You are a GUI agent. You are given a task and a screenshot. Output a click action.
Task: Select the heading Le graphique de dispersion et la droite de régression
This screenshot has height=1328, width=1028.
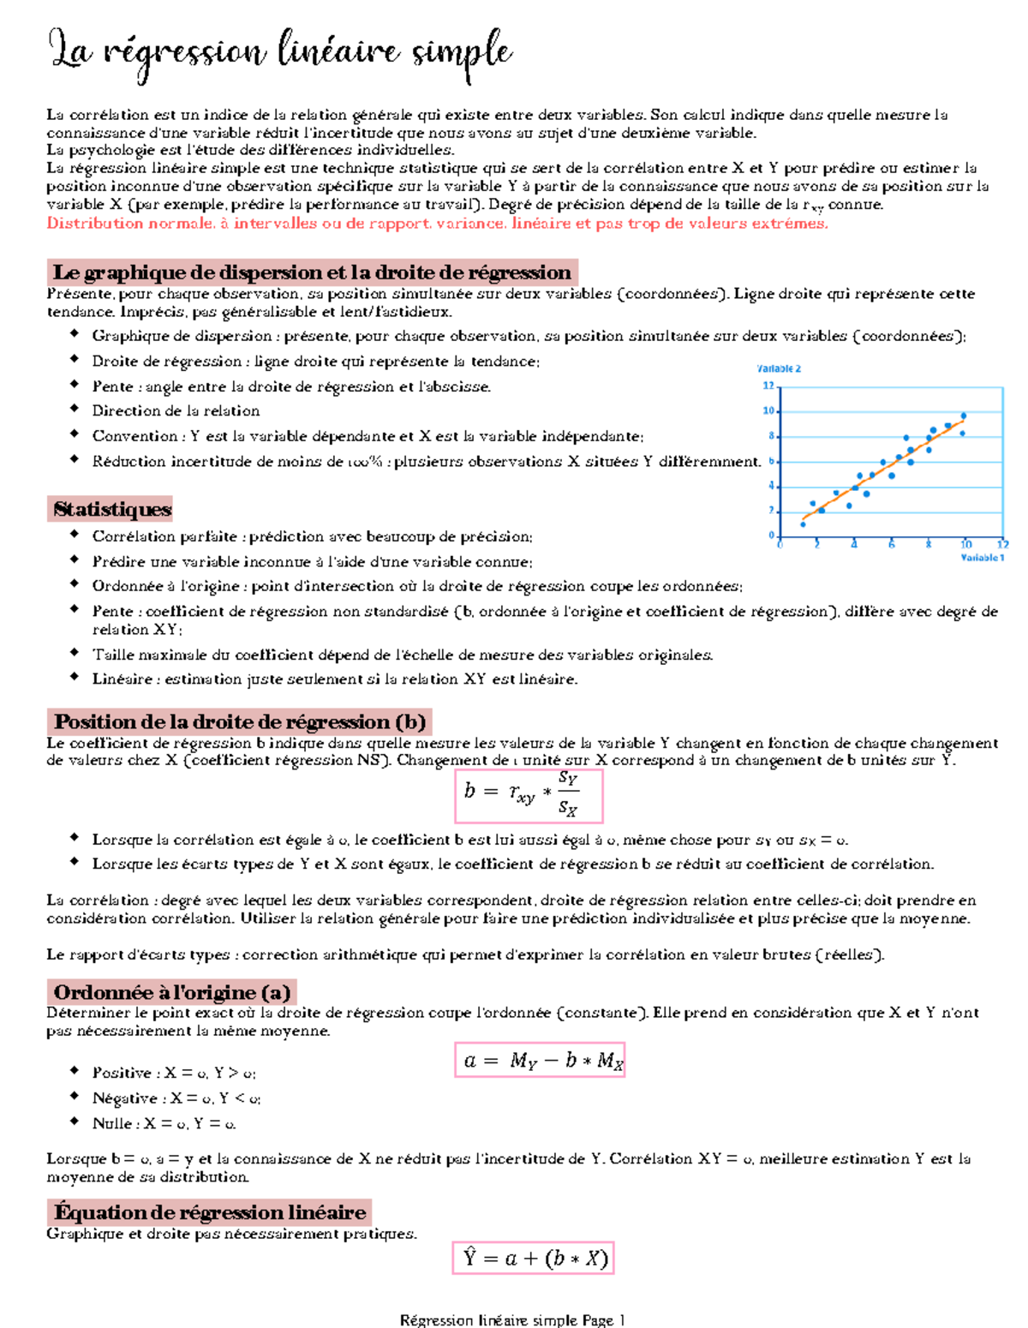click(312, 272)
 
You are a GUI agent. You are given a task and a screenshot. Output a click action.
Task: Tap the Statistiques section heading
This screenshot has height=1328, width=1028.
click(111, 509)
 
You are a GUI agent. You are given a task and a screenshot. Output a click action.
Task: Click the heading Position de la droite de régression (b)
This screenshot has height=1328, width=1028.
click(239, 721)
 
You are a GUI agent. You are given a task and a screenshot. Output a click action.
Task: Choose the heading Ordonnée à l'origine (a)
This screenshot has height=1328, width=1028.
click(171, 992)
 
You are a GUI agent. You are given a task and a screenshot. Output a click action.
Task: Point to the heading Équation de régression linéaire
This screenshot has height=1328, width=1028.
click(209, 1211)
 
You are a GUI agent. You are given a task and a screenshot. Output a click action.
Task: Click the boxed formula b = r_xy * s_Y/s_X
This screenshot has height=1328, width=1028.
click(529, 794)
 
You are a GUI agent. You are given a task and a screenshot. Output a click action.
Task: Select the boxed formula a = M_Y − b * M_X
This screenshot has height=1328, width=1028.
click(540, 1060)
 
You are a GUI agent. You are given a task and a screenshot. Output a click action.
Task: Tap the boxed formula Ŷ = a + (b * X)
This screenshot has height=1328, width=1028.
click(534, 1258)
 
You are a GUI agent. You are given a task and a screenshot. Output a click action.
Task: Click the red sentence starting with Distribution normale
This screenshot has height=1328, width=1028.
click(437, 224)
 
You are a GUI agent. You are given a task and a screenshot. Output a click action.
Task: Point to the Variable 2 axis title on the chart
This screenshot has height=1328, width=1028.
click(779, 368)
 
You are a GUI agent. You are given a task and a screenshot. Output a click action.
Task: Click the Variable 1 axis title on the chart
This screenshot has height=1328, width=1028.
click(982, 558)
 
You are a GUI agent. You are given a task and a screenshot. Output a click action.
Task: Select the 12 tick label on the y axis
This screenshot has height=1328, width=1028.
click(768, 386)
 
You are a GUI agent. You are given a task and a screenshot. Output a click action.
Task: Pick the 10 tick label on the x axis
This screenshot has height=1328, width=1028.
click(965, 545)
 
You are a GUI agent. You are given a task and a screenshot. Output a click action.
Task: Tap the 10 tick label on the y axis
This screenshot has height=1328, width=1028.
click(768, 411)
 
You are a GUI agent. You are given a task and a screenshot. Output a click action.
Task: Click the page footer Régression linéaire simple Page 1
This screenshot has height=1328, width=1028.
click(512, 1320)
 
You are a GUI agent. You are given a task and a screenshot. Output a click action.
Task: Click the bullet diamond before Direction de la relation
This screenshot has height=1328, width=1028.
click(75, 410)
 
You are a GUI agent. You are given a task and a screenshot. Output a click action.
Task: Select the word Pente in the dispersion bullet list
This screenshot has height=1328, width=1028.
click(112, 386)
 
